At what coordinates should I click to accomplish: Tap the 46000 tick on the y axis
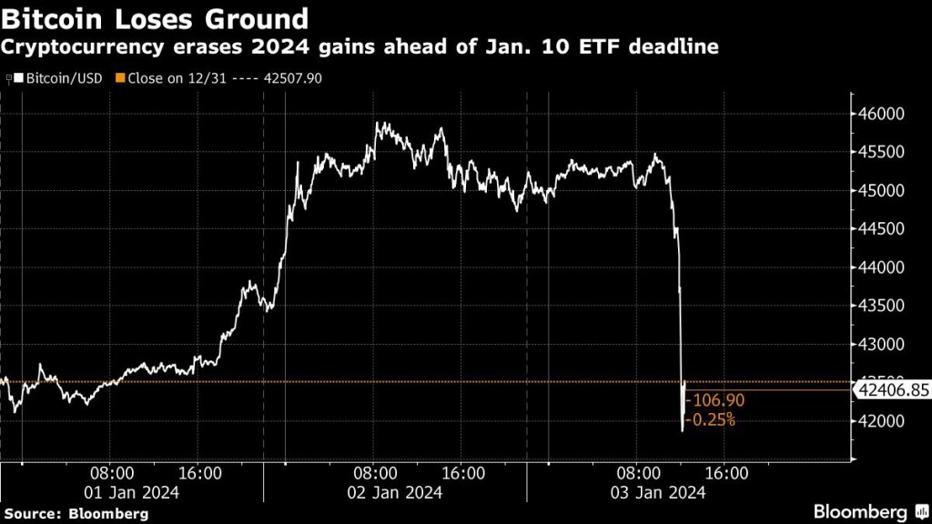point(881,115)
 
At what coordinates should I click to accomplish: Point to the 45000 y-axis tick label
point(881,191)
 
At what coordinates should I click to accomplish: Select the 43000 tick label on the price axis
point(881,345)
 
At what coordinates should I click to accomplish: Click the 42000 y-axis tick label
point(881,421)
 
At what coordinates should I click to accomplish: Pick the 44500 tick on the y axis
point(881,229)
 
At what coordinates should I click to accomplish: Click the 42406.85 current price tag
point(892,390)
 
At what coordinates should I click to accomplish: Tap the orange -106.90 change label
point(714,401)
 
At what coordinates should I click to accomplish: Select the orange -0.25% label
point(710,419)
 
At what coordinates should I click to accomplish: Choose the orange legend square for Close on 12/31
point(118,78)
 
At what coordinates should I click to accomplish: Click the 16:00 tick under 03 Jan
point(727,473)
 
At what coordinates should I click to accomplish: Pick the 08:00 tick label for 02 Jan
point(375,473)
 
